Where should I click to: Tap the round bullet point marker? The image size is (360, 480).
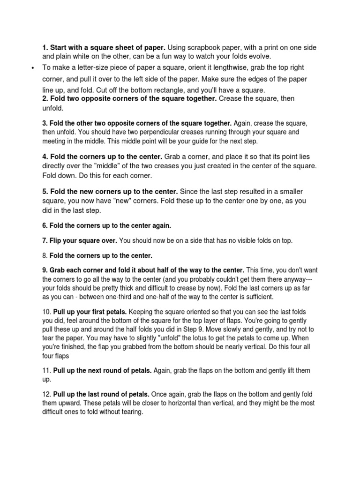[32, 68]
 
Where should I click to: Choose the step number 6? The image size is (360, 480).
[45, 225]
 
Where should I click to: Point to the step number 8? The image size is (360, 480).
[45, 255]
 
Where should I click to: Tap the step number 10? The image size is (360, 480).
[46, 312]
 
